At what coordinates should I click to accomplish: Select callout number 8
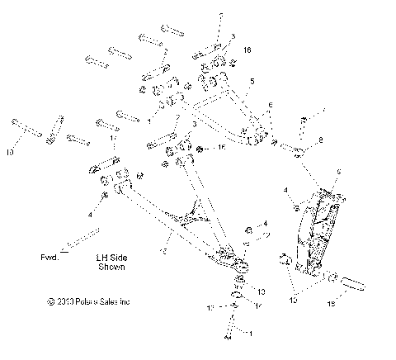coord(319,141)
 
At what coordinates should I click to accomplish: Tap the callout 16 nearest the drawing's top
coord(246,50)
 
